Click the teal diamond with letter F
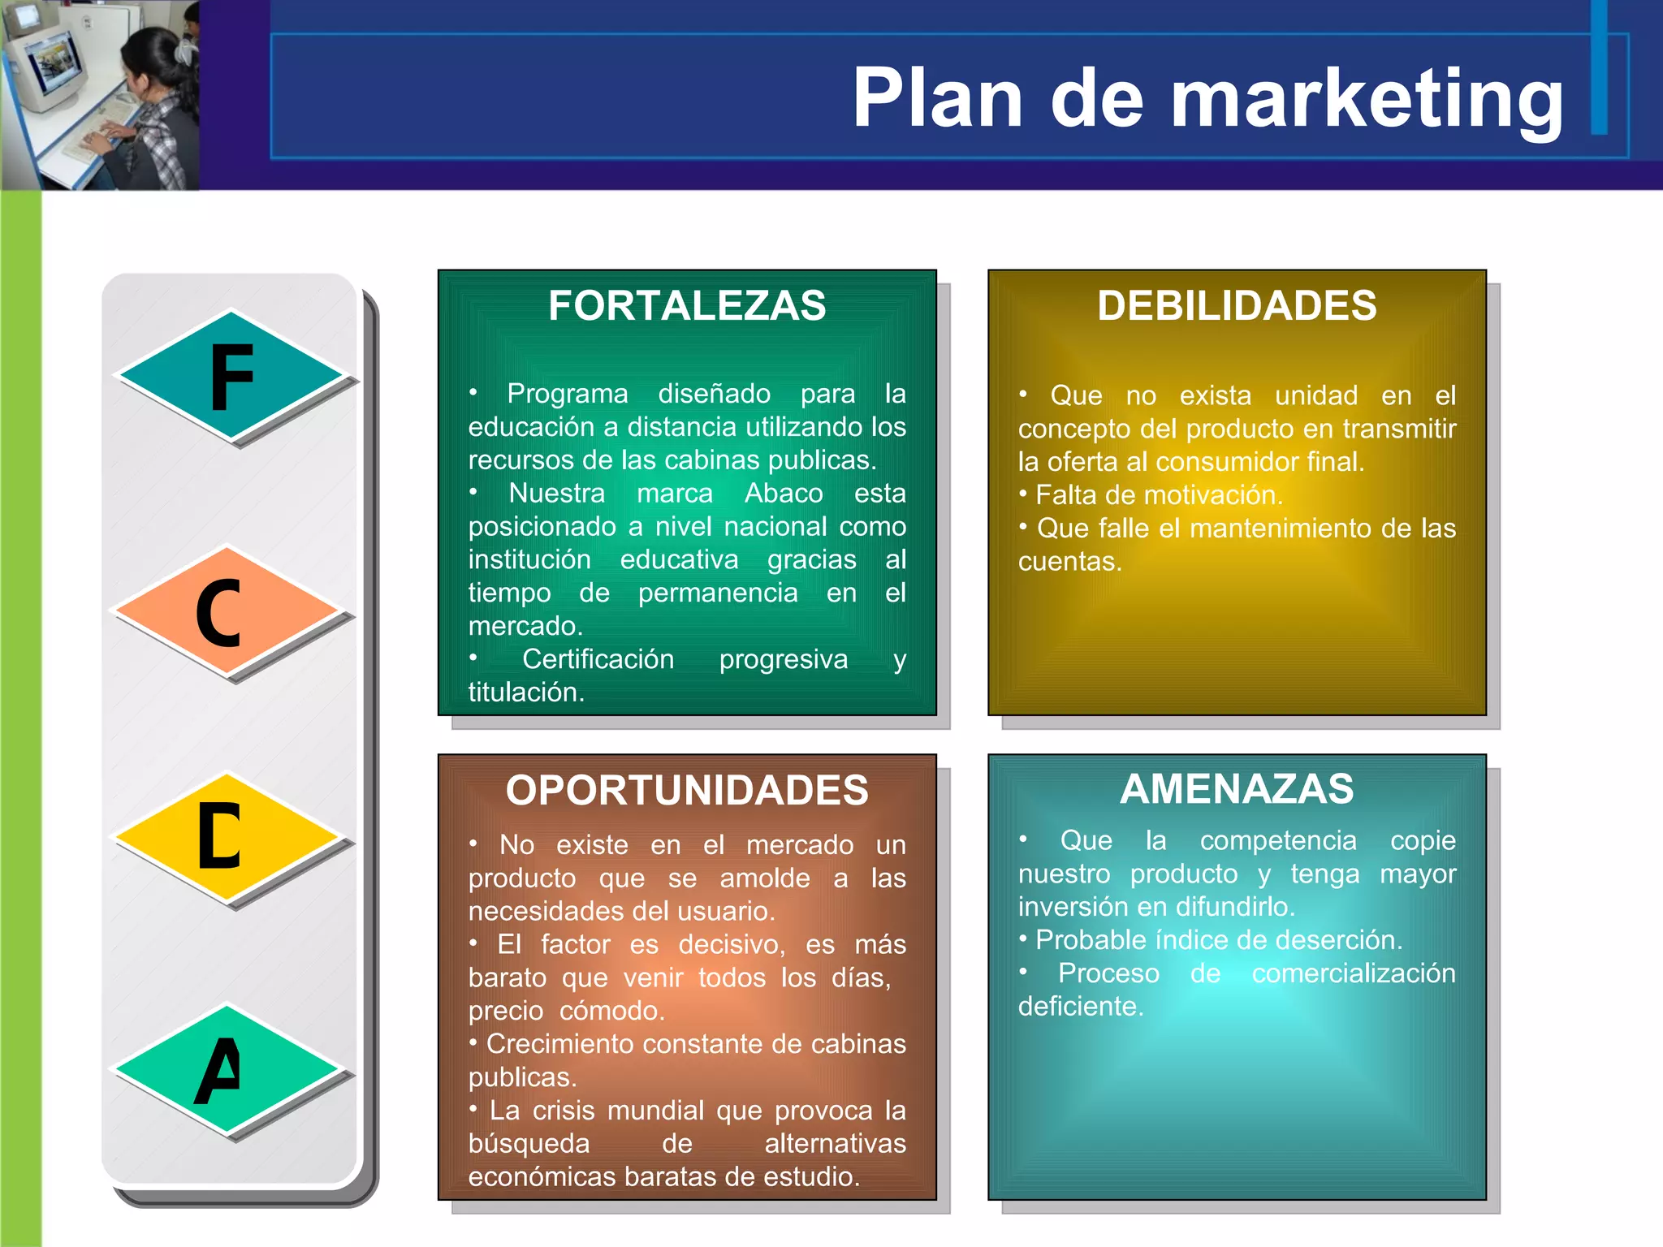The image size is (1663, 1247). click(x=231, y=377)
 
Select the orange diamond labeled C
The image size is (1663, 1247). click(x=226, y=611)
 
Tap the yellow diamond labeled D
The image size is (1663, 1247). click(x=226, y=837)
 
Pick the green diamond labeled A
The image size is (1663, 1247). click(x=226, y=1069)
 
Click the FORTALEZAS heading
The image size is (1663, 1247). click(x=686, y=306)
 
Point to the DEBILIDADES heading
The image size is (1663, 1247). click(x=1237, y=306)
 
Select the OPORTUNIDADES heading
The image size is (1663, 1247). click(x=686, y=791)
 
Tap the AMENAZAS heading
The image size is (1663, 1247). click(x=1237, y=789)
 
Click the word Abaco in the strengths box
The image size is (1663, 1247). click(x=784, y=494)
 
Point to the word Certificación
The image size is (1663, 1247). click(x=598, y=659)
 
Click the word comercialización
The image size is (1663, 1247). click(x=1353, y=973)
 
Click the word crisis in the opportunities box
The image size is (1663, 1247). click(x=562, y=1111)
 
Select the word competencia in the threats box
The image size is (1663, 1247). click(x=1278, y=841)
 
